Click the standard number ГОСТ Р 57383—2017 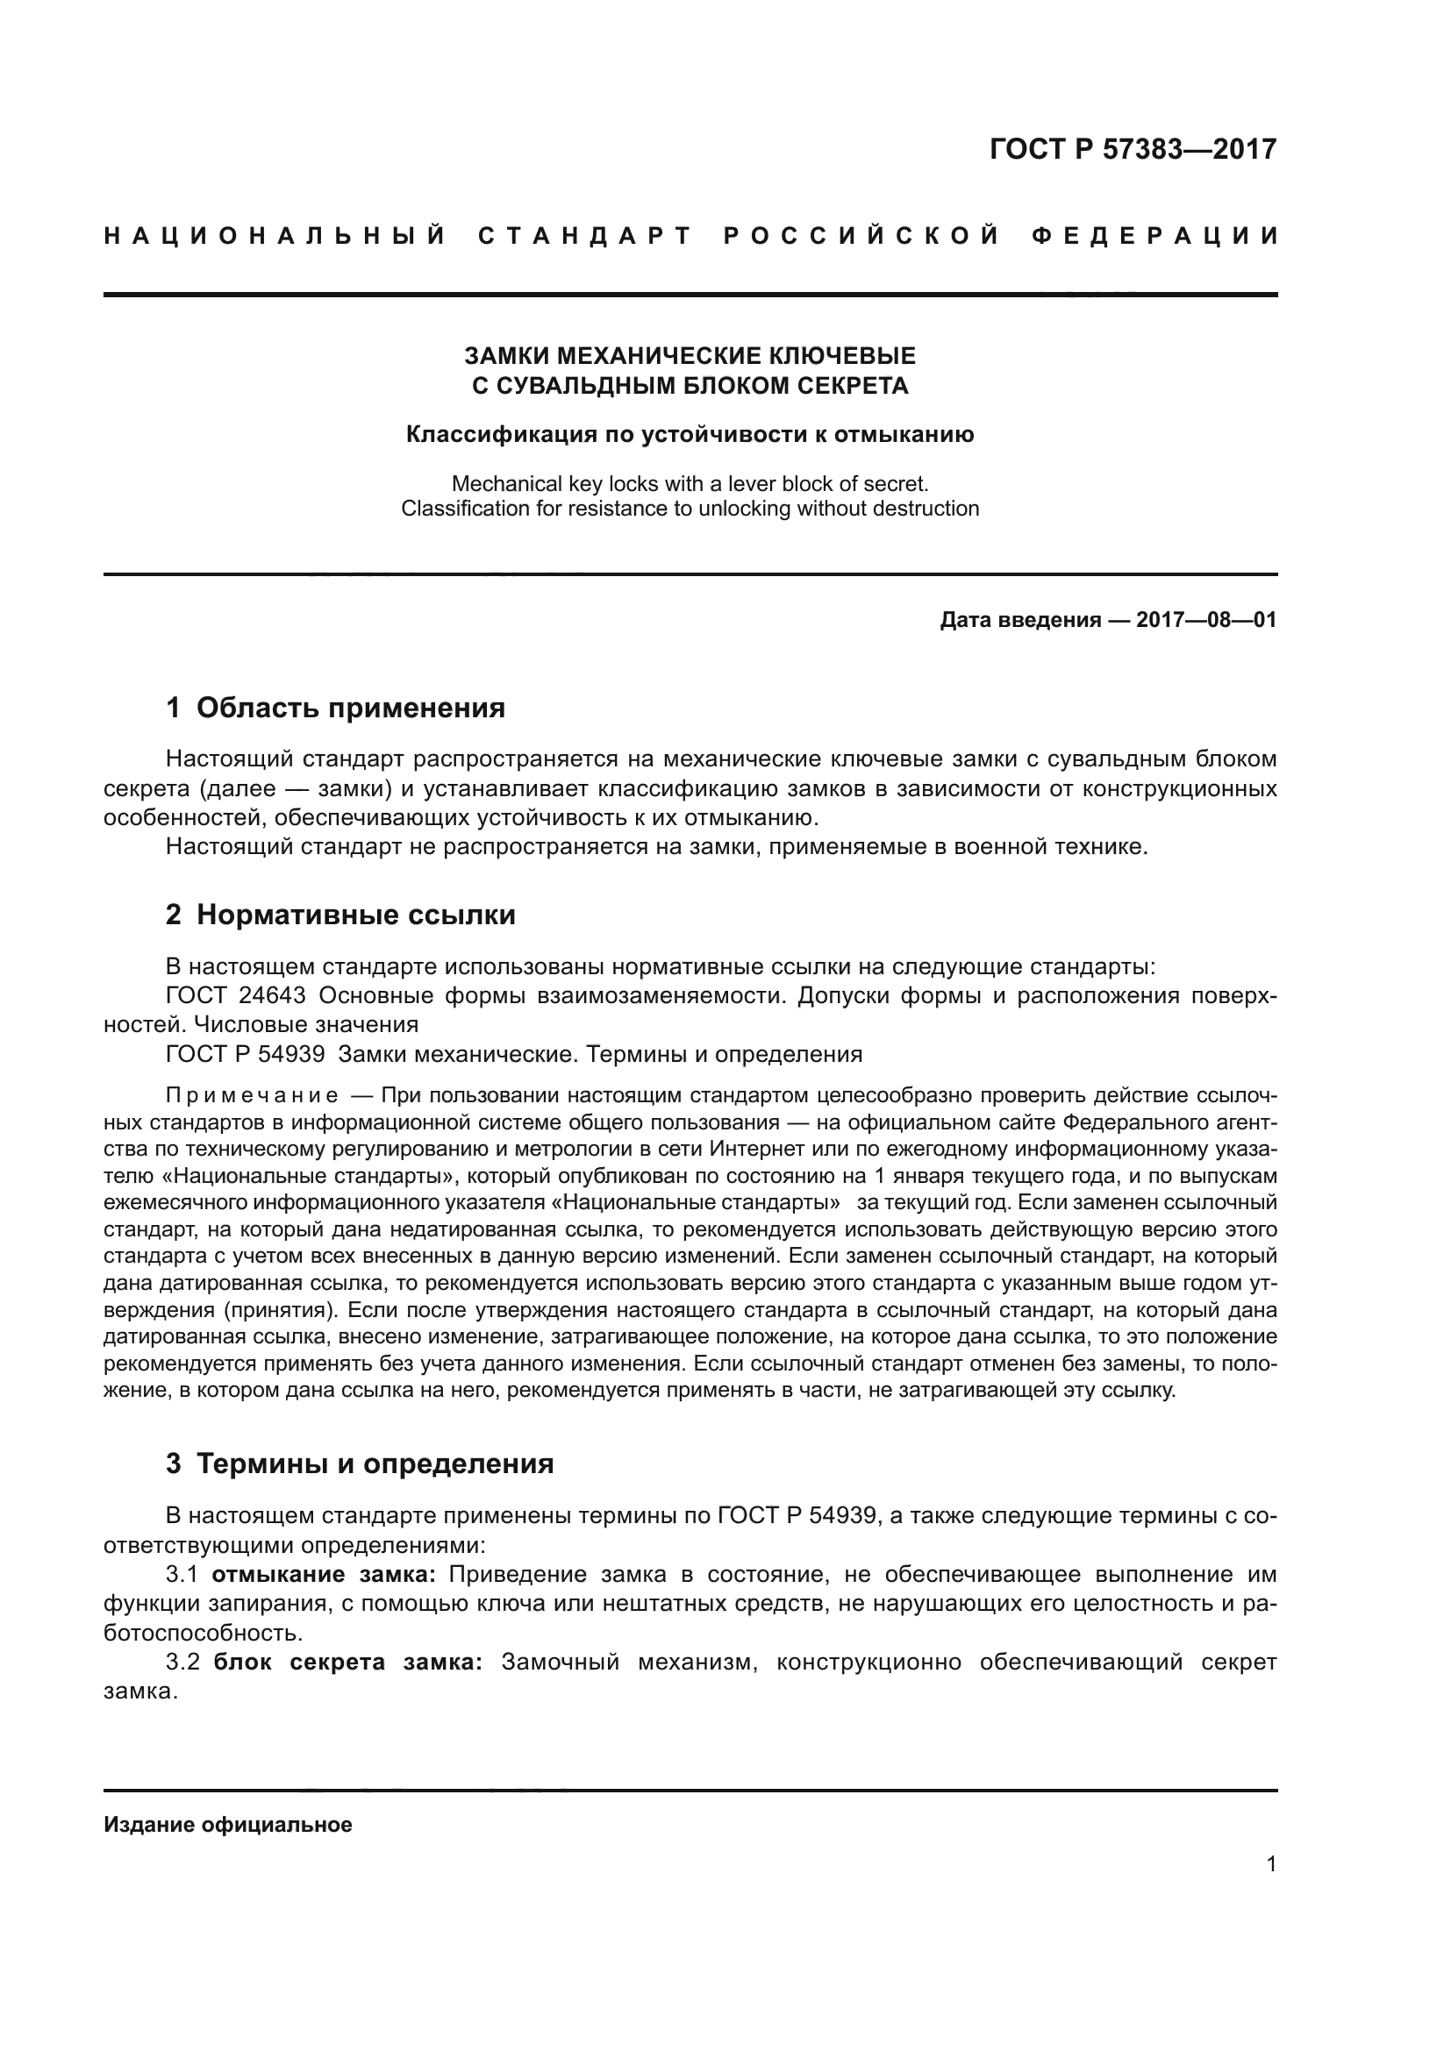click(x=1133, y=149)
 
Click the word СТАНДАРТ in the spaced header click(x=586, y=237)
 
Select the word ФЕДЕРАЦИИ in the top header click(x=1154, y=237)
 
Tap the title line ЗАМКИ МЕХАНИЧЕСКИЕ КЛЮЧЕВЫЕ click(x=690, y=356)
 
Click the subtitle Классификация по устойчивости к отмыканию click(x=690, y=435)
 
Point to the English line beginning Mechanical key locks click(x=690, y=484)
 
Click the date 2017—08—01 click(x=1205, y=620)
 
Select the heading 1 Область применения click(x=335, y=709)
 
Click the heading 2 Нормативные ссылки click(x=340, y=915)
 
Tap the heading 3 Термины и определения click(x=359, y=1464)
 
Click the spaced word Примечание click(x=252, y=1096)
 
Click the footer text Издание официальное click(x=228, y=1825)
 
